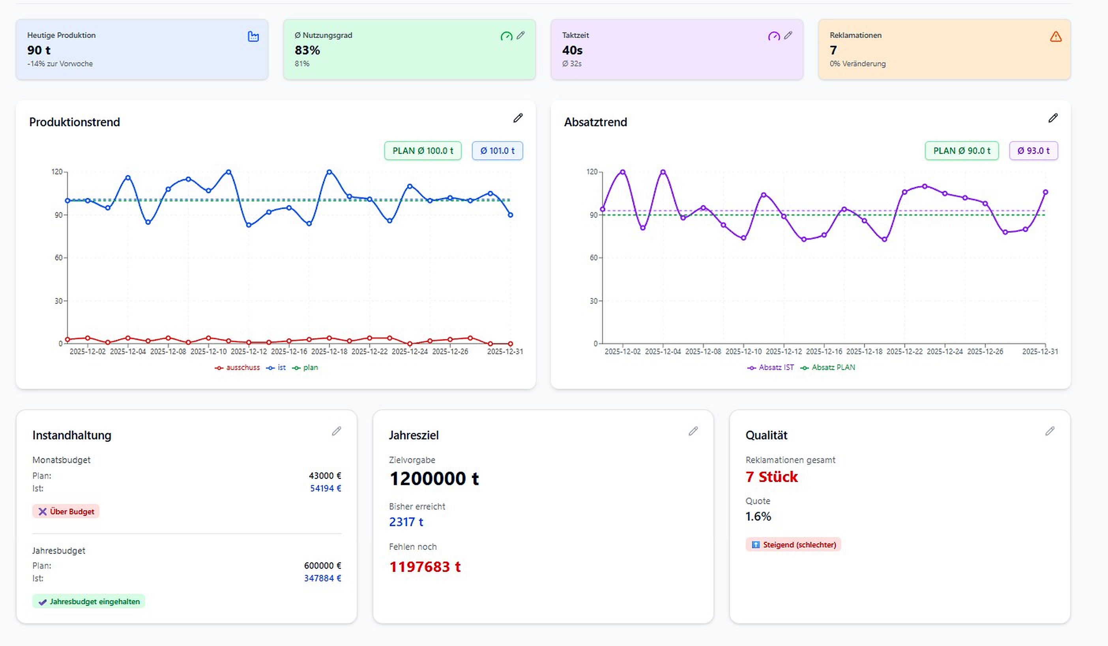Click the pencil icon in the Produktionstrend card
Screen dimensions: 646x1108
click(518, 118)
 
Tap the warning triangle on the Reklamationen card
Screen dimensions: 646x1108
click(1056, 36)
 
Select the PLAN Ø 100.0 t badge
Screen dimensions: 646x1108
click(423, 151)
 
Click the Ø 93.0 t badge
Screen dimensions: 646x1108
click(1033, 151)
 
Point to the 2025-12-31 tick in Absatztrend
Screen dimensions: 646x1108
click(1040, 351)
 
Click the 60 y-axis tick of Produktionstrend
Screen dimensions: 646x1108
click(58, 258)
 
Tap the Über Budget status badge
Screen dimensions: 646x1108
click(66, 512)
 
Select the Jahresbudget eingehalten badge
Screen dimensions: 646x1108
click(89, 601)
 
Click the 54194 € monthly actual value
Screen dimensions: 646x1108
click(326, 488)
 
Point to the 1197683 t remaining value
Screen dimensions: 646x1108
click(425, 567)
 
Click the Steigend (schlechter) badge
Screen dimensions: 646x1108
click(793, 545)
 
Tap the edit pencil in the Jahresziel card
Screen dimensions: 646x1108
click(693, 431)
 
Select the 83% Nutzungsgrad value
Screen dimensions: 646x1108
click(307, 50)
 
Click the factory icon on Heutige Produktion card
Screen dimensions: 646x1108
click(253, 36)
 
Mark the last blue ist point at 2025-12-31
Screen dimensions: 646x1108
click(511, 215)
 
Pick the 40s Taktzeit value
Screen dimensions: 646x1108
click(572, 50)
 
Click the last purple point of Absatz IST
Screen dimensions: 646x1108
click(1046, 192)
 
